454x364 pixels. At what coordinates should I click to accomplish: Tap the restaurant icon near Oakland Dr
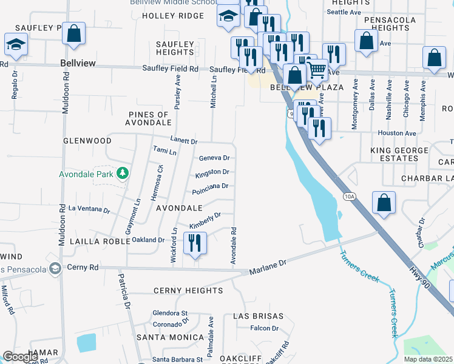pos(195,243)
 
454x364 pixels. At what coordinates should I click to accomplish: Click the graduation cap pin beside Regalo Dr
pos(15,45)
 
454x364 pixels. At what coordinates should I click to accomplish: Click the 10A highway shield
pos(349,197)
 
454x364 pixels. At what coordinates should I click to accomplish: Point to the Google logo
pos(20,356)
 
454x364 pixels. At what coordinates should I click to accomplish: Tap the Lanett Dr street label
pos(184,141)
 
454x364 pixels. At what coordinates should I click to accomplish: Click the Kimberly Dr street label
pos(205,221)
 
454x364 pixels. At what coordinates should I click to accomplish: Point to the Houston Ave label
pos(396,133)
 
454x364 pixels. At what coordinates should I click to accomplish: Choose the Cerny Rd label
pos(83,267)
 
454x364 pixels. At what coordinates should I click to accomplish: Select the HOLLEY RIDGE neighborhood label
pos(173,16)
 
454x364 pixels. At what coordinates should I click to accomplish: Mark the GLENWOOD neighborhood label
pos(87,140)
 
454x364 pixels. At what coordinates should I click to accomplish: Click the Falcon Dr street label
pos(264,328)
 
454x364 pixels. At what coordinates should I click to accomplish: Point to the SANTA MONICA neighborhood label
pos(170,337)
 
